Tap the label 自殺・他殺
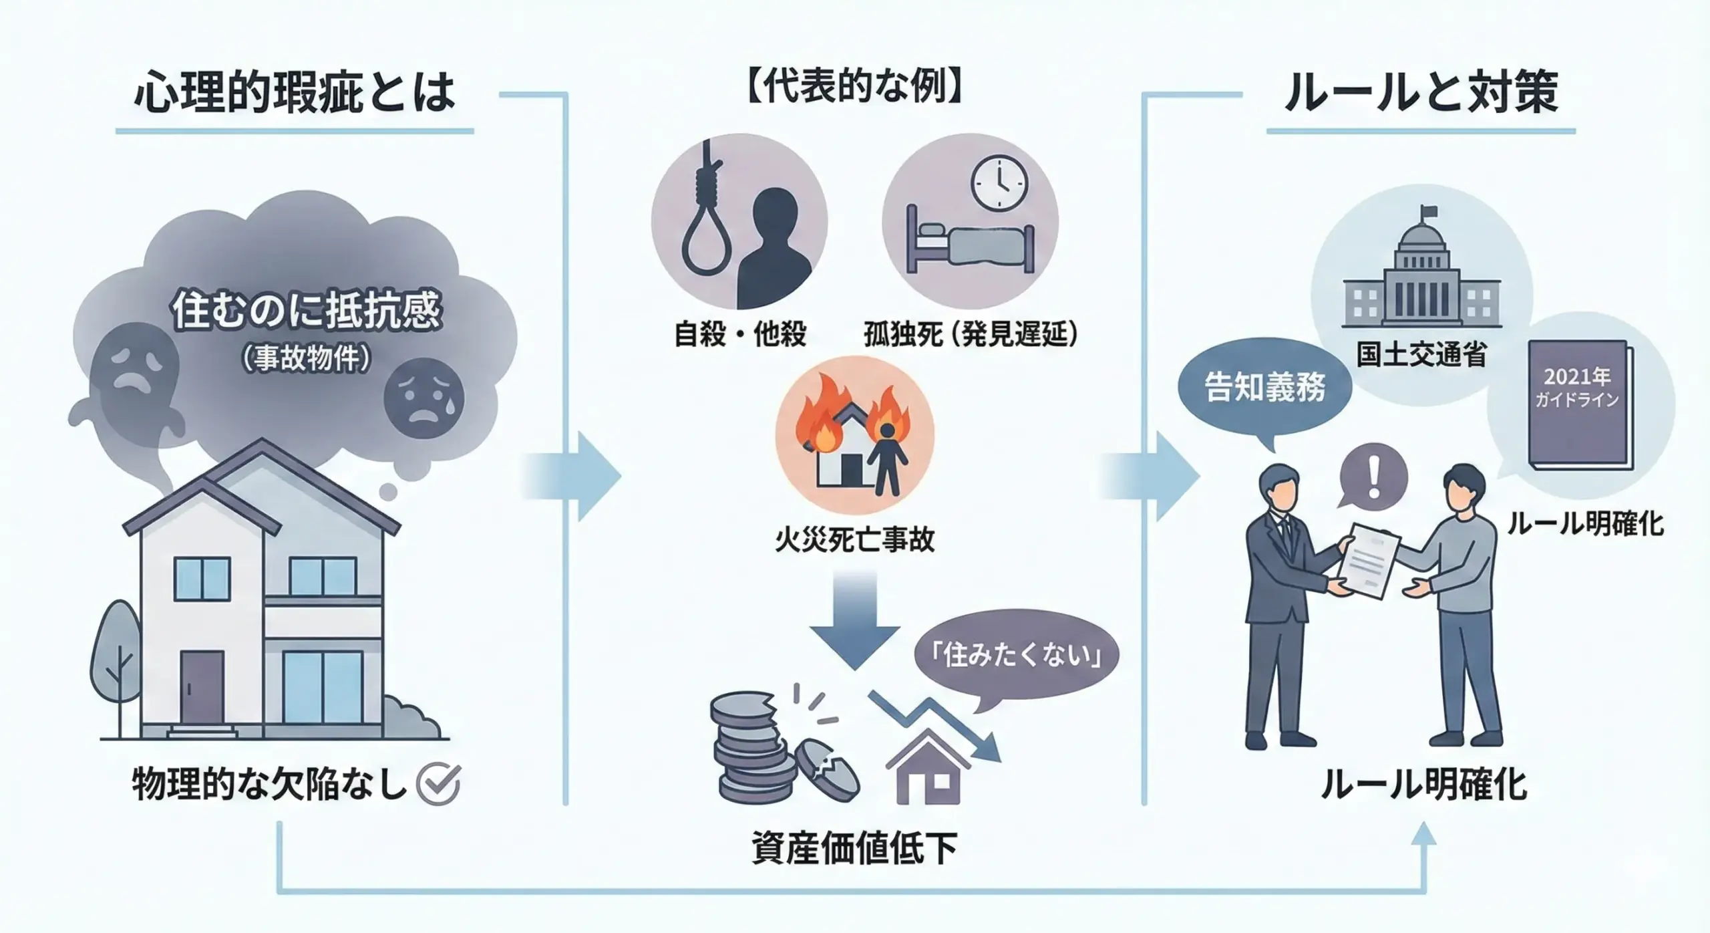click(x=740, y=334)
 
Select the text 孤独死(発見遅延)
click(x=971, y=334)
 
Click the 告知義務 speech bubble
click(x=1264, y=388)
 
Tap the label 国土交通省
click(x=1421, y=355)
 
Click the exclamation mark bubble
click(x=1374, y=479)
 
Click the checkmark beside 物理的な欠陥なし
click(x=438, y=783)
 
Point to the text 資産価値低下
click(x=854, y=848)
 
